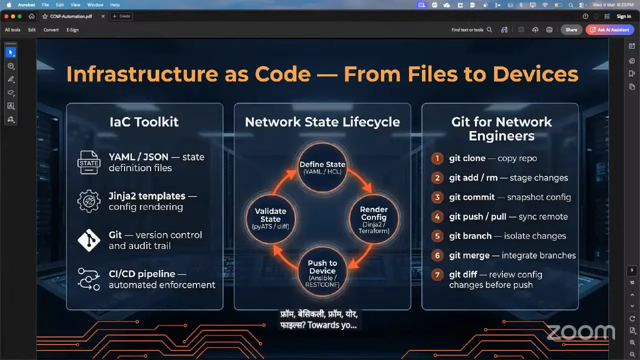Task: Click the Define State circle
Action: [x=322, y=167]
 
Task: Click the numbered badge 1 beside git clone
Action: [x=437, y=158]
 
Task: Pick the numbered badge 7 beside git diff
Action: [x=437, y=275]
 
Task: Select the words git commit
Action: [x=471, y=197]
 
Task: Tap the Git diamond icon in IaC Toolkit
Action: [x=89, y=240]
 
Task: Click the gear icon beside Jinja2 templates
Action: [x=89, y=201]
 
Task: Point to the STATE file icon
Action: [x=89, y=162]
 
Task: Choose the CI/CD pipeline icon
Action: [x=89, y=279]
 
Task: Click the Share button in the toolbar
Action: [x=571, y=30]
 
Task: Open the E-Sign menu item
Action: [x=72, y=30]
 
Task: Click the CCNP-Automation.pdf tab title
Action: [x=71, y=16]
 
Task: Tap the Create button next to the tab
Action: [x=121, y=16]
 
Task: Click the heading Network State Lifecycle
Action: [x=322, y=122]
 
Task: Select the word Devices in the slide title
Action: [x=535, y=74]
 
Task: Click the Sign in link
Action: [x=623, y=16]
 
